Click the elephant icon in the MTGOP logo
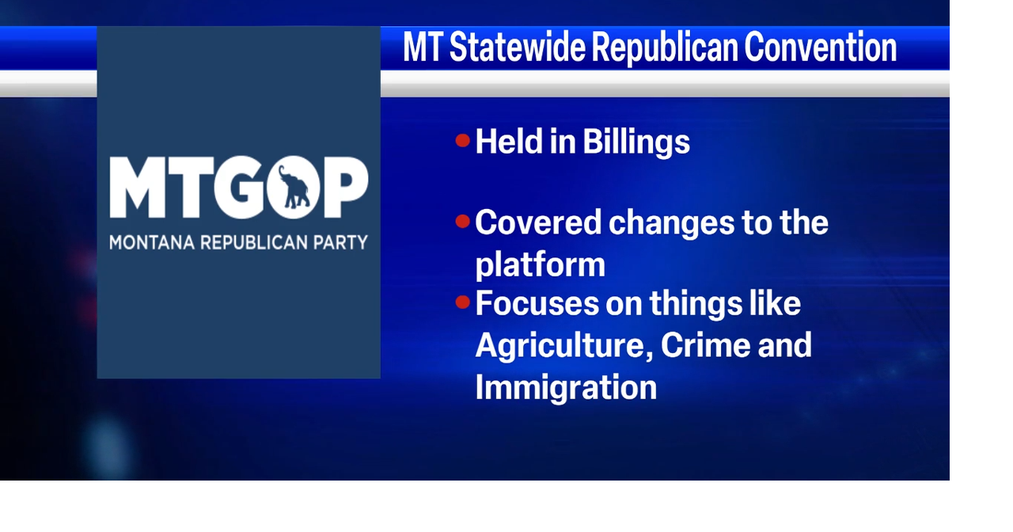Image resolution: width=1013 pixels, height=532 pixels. (x=294, y=188)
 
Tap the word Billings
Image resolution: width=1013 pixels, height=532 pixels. (x=636, y=142)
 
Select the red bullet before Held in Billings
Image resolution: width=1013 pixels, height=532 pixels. (x=463, y=141)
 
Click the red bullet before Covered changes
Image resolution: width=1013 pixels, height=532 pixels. (x=463, y=222)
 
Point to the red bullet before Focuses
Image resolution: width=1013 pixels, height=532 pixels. (x=463, y=302)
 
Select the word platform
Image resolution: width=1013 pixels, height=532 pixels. (x=540, y=264)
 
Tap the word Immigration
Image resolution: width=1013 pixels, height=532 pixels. (x=566, y=387)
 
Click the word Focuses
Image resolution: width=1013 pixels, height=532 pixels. (x=537, y=303)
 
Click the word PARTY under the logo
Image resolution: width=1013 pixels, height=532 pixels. (x=341, y=242)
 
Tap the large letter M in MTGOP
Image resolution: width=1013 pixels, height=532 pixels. (x=139, y=188)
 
